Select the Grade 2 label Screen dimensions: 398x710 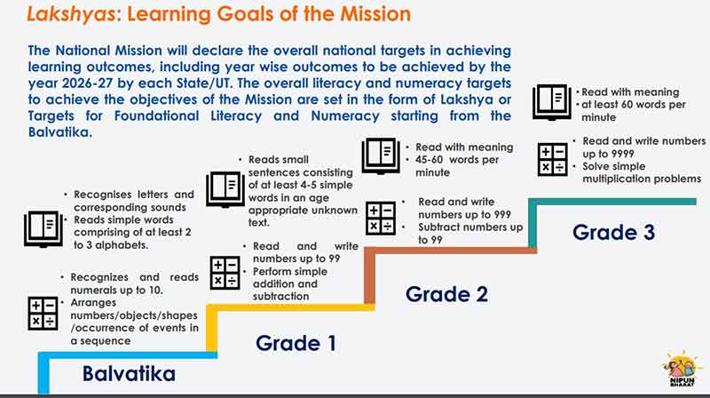pyautogui.click(x=447, y=293)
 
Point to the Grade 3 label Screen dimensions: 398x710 pyautogui.click(x=613, y=232)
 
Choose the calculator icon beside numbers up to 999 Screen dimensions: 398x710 pyautogui.click(x=381, y=219)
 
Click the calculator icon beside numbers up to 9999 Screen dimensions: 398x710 pyautogui.click(x=554, y=159)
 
